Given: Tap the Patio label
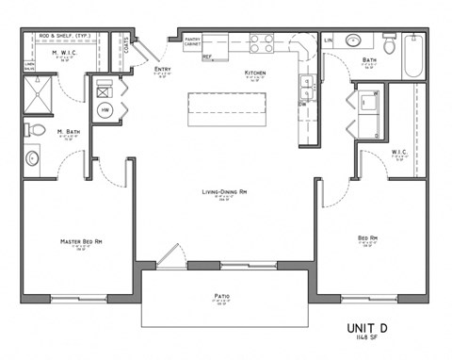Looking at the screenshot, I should (222, 296).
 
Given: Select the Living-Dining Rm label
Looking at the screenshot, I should (223, 192).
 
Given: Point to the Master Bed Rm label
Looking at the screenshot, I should (81, 242).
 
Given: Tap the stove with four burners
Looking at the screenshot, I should (261, 42).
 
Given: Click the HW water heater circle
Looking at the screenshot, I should (105, 111).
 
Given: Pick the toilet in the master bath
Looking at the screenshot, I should (32, 129).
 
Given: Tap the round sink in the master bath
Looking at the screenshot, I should (31, 157).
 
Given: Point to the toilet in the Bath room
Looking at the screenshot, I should (389, 44).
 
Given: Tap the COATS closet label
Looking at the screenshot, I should (125, 43).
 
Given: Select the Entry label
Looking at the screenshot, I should (162, 70).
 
